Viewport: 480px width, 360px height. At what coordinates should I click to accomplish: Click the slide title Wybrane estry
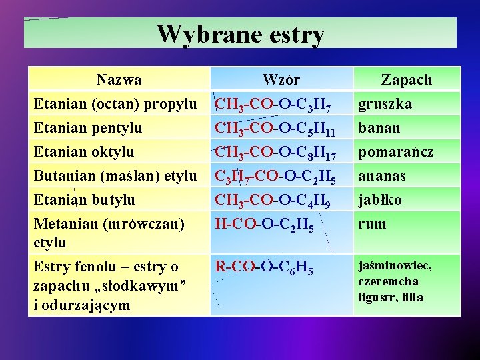tap(241, 33)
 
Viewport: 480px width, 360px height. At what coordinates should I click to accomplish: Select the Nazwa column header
tap(119, 80)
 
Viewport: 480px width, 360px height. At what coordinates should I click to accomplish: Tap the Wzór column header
tap(281, 80)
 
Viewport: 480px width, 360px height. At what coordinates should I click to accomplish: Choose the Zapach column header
tap(406, 80)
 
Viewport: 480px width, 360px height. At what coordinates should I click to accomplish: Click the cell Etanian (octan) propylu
tap(115, 104)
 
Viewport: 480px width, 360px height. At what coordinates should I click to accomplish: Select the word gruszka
tap(385, 105)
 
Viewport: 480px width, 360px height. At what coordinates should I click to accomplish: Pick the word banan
tap(379, 127)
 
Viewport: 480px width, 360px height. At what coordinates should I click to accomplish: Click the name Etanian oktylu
tap(84, 151)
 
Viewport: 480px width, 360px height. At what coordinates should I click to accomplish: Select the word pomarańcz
tap(395, 152)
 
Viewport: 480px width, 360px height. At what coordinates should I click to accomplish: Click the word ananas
tap(382, 176)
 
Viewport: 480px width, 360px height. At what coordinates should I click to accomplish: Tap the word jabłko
tap(380, 199)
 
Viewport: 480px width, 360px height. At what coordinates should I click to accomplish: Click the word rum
tap(372, 224)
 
